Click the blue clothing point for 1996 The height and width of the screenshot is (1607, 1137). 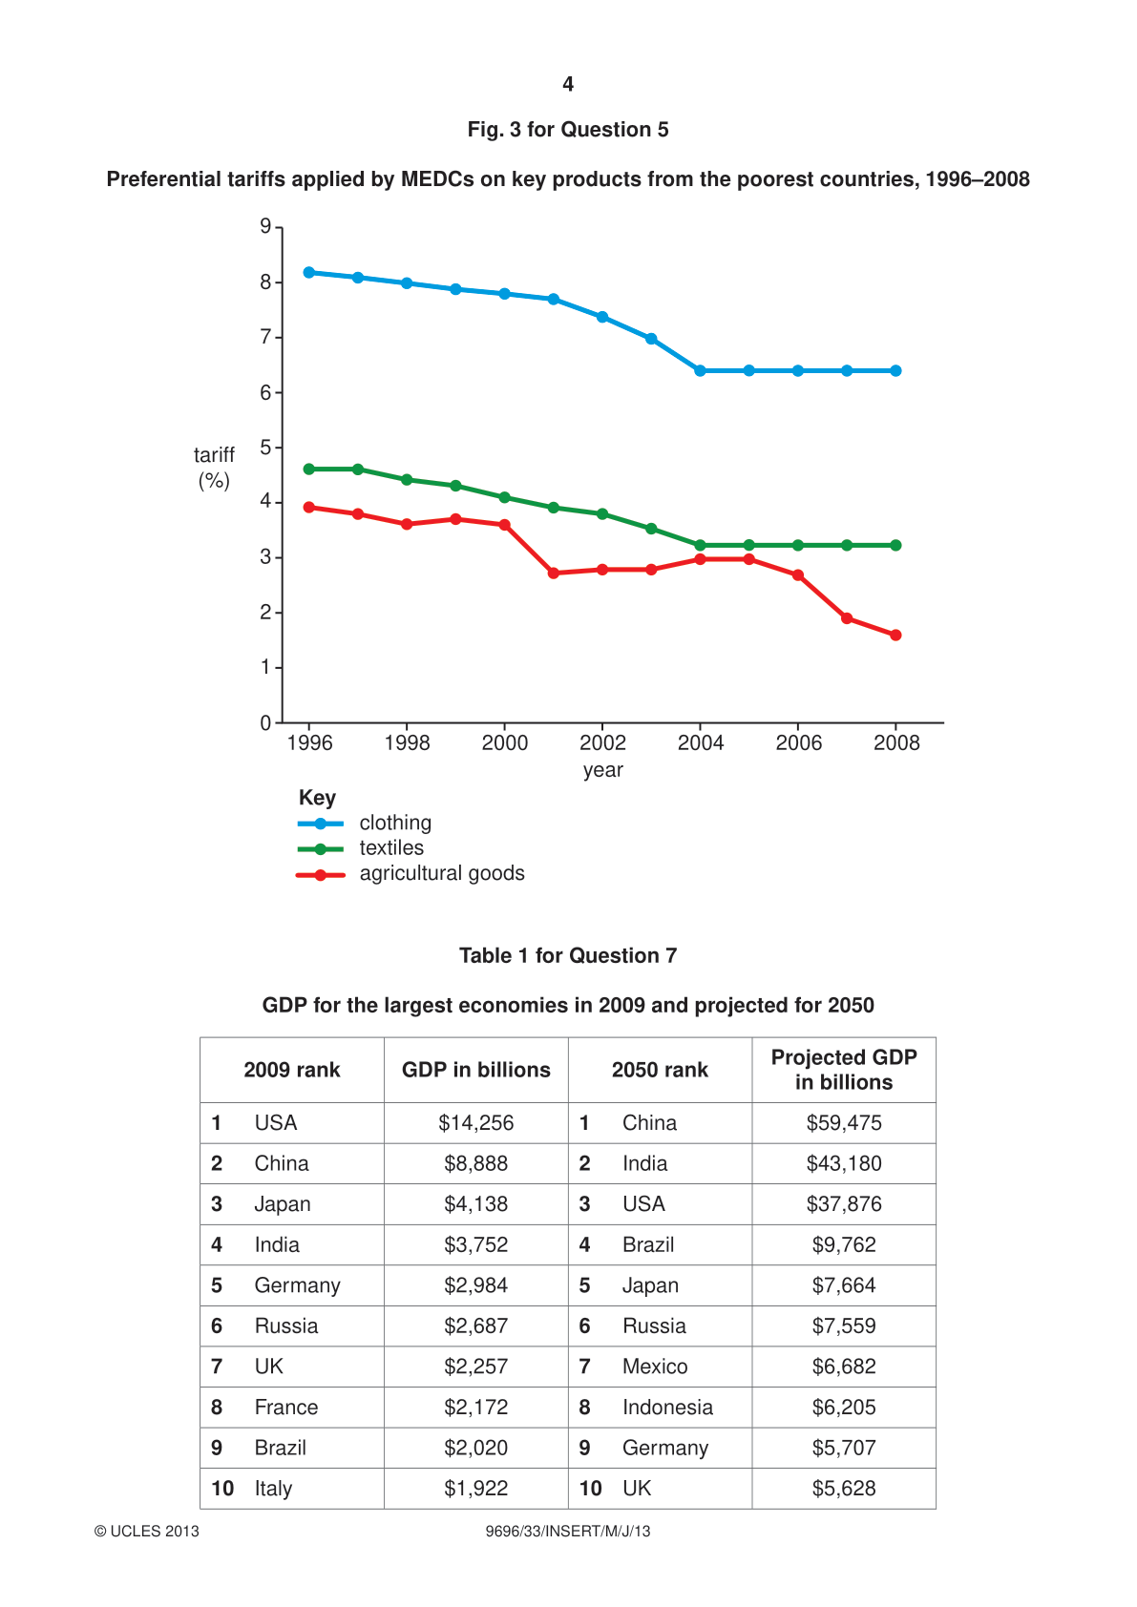[309, 273]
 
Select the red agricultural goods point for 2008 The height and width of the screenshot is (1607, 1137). [895, 635]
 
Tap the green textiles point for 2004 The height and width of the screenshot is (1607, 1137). [700, 545]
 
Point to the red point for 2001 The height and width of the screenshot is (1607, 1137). [554, 574]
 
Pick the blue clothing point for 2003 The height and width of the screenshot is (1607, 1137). [651, 339]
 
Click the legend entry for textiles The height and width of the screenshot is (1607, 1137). [360, 848]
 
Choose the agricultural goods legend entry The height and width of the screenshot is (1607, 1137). [410, 873]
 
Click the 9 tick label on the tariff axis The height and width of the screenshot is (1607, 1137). [265, 227]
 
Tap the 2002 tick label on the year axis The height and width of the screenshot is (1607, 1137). [602, 742]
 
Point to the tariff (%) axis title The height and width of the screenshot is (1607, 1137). [214, 467]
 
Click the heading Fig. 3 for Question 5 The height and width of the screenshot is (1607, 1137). [568, 129]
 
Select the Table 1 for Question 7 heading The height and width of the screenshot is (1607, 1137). [568, 955]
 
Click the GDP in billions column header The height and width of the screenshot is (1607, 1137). [476, 1070]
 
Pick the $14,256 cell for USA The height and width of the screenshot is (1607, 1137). [476, 1123]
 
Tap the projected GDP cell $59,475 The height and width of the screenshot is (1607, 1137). [843, 1123]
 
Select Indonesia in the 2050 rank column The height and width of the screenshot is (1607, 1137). [667, 1407]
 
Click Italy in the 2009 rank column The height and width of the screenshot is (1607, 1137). [273, 1489]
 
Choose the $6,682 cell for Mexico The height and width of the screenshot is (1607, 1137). [843, 1366]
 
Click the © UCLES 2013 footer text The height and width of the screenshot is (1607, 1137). [146, 1531]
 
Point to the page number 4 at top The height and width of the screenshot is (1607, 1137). [568, 84]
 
